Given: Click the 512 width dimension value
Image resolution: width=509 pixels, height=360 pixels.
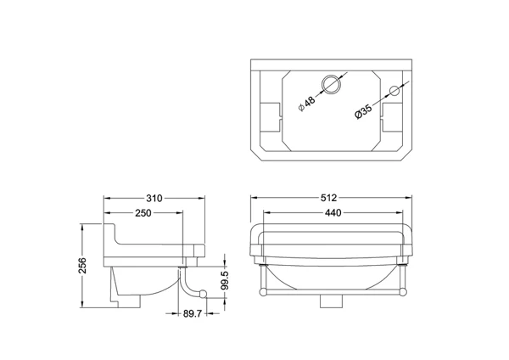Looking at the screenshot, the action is point(328,198).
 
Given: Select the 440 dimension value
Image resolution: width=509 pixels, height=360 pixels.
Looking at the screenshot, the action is point(333,213).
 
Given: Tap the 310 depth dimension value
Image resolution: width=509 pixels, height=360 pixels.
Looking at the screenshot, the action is point(154,198).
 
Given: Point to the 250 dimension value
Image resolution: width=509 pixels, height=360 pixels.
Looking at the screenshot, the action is point(143,213).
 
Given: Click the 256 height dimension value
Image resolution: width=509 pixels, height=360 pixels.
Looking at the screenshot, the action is point(83,265).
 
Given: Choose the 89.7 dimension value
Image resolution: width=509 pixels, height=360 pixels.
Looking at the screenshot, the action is point(193,313).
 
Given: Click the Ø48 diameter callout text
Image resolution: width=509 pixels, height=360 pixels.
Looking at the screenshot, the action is point(307,104).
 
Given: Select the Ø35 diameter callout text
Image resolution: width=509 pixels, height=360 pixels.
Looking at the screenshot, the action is point(363,111).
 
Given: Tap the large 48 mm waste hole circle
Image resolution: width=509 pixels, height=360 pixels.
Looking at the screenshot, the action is point(332,75).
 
